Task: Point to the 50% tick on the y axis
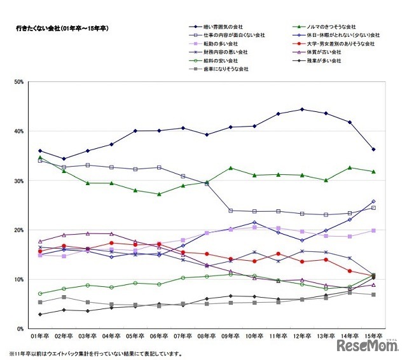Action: (x=18, y=82)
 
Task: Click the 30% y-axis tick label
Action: (x=18, y=181)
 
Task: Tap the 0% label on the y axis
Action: (x=20, y=329)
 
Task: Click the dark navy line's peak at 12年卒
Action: (x=302, y=109)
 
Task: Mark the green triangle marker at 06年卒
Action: (x=159, y=194)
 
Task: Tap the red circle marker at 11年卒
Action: (x=278, y=254)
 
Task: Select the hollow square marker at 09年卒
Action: (x=230, y=211)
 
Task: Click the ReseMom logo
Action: (x=367, y=345)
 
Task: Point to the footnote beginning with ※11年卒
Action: (x=95, y=354)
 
